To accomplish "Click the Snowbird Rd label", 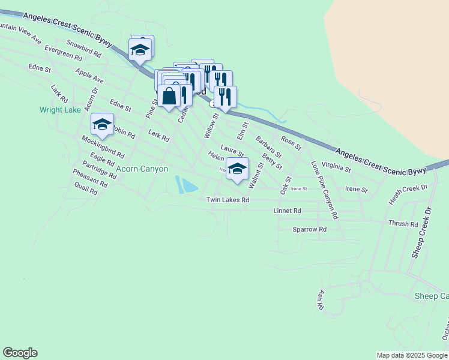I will (83, 49).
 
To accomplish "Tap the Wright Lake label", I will (60, 110).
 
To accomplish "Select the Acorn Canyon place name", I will (142, 169).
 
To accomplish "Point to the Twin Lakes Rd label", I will (228, 200).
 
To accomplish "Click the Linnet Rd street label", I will (287, 211).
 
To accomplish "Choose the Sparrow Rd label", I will (309, 229).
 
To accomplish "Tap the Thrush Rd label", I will (403, 224).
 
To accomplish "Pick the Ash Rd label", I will (321, 300).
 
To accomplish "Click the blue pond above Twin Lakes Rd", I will (187, 185).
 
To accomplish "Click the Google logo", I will (20, 353).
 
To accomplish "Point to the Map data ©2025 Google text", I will (412, 355).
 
